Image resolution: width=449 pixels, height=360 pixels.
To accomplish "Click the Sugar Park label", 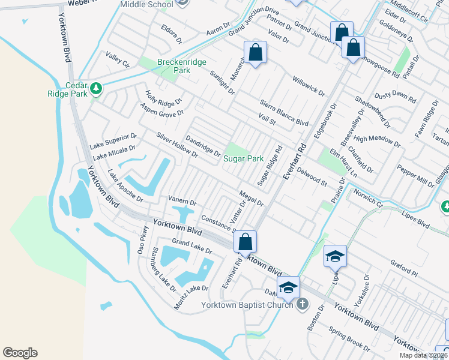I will (244, 159).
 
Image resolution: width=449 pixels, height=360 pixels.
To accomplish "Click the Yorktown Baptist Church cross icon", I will (303, 304).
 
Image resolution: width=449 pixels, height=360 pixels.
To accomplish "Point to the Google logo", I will (20, 353).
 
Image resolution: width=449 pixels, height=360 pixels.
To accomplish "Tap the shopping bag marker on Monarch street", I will (255, 52).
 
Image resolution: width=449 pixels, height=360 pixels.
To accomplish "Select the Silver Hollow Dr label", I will (177, 145).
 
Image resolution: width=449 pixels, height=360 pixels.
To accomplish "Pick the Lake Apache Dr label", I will (125, 186).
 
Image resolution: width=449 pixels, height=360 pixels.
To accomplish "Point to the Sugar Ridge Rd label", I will (270, 166).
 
